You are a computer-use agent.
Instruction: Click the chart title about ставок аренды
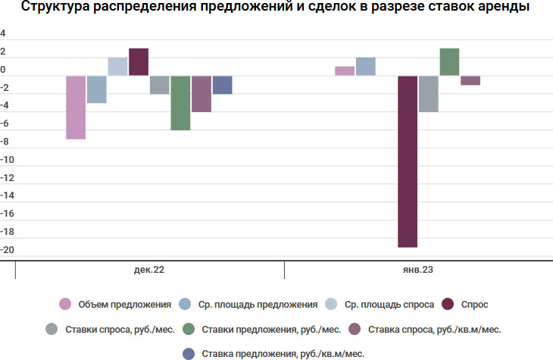pos(275,9)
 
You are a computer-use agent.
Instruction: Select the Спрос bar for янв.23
pos(408,161)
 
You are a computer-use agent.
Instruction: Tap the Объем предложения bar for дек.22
pos(76,107)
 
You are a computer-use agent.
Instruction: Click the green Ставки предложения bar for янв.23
pos(449,62)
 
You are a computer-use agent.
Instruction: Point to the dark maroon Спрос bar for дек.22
pos(139,62)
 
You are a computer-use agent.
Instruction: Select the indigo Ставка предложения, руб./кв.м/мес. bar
pos(222,85)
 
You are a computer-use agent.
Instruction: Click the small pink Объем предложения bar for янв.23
pos(345,71)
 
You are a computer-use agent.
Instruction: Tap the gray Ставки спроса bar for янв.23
pos(429,93)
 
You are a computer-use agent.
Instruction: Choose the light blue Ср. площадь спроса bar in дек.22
pos(117,67)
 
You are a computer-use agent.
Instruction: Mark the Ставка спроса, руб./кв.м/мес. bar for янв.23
pos(470,80)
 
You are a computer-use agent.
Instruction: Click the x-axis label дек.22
pos(149,270)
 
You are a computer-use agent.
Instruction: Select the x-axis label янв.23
pos(418,270)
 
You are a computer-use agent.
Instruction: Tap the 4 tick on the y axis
pos(3,34)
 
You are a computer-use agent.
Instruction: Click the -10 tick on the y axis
pos(8,161)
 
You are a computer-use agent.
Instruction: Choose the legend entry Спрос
pos(474,305)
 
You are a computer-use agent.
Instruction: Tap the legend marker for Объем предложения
pos(65,305)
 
